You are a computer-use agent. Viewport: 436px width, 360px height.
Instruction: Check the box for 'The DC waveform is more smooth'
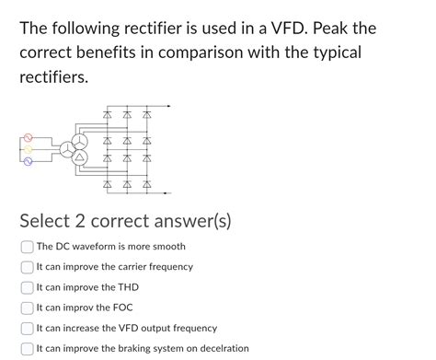(x=27, y=247)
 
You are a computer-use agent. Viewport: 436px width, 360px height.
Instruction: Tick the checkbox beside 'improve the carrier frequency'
(x=27, y=267)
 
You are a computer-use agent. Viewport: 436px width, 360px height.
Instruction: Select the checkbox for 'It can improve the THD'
(x=27, y=287)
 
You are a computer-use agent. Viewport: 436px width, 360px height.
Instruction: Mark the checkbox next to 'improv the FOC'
(x=27, y=308)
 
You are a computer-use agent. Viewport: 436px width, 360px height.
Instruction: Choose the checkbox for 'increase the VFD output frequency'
(x=27, y=328)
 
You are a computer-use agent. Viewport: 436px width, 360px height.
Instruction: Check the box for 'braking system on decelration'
(x=27, y=349)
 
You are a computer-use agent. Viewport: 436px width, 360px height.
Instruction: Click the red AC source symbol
(x=28, y=135)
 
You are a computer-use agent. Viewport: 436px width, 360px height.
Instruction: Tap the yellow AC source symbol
(x=28, y=148)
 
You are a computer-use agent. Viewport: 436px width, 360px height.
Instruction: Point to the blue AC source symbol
(x=28, y=161)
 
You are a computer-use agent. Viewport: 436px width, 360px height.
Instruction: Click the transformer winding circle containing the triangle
(x=79, y=157)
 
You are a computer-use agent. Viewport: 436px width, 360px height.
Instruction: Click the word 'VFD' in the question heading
(x=291, y=29)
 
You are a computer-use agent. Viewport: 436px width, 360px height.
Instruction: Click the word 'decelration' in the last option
(x=222, y=349)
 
